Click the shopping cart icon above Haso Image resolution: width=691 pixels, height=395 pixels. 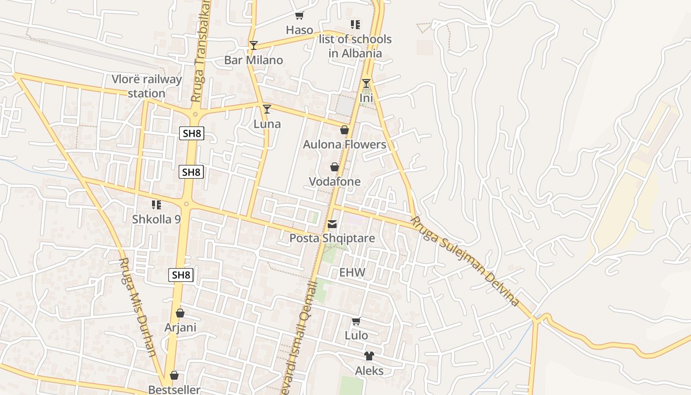tap(299, 16)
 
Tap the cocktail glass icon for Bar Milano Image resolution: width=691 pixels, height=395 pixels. tap(253, 45)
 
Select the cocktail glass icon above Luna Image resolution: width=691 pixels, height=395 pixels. tap(267, 109)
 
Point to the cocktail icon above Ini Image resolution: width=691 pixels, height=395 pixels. tap(366, 83)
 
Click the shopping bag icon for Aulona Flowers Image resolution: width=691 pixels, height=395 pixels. tap(345, 130)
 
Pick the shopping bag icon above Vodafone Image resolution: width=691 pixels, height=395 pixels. tap(335, 167)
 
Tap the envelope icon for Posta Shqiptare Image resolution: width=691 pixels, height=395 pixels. tap(332, 225)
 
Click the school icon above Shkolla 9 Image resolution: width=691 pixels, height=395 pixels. tap(156, 205)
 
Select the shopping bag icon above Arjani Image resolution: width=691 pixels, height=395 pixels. tap(180, 313)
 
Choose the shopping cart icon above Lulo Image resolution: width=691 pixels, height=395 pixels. tap(356, 321)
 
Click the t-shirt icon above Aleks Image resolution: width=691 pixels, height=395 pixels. tap(369, 356)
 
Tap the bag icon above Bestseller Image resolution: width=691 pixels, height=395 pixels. tap(174, 375)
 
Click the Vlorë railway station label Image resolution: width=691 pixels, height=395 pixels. tap(147, 86)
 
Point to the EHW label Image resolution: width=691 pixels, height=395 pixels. tap(352, 272)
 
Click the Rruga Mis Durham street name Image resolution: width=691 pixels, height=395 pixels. tap(138, 307)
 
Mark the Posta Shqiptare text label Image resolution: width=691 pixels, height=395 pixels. tap(332, 238)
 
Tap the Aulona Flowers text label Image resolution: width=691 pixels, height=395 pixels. tap(345, 144)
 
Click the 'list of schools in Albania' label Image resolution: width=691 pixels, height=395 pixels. tap(355, 46)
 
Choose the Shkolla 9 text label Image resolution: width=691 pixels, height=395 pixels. tap(156, 219)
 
